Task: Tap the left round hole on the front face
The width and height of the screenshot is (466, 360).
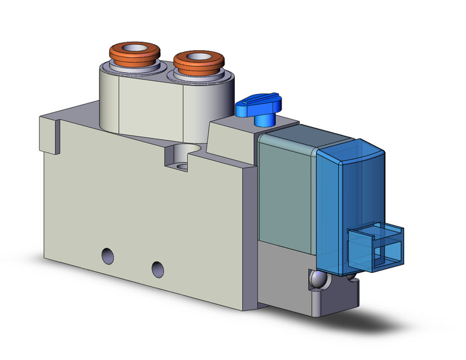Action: click(x=107, y=254)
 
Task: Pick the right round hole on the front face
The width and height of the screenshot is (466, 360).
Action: click(x=158, y=268)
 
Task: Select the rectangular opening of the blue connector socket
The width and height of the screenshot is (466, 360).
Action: click(x=391, y=249)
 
